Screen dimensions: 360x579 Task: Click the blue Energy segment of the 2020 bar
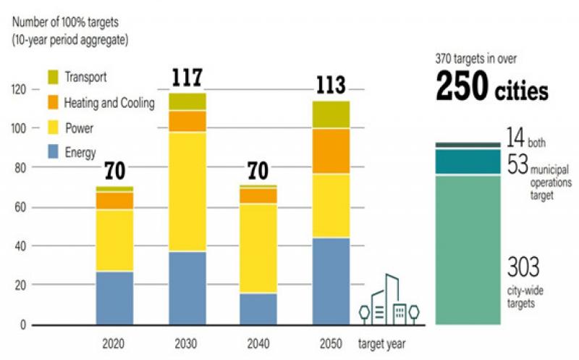(115, 298)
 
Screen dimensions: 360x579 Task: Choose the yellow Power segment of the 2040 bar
(258, 248)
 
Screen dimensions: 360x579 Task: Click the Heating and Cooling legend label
(109, 103)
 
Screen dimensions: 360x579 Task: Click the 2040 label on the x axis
(258, 342)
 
